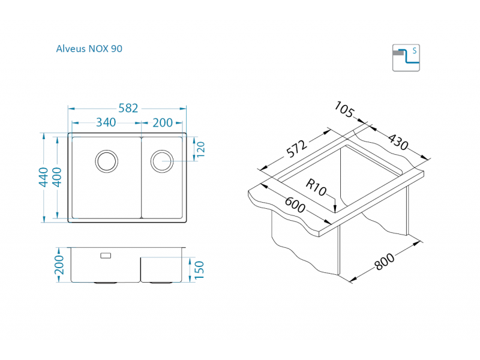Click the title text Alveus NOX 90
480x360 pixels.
coord(89,49)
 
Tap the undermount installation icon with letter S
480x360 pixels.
coord(406,58)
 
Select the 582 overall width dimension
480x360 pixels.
coord(128,108)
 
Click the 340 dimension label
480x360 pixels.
coord(106,122)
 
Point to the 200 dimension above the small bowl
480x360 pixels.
coord(162,122)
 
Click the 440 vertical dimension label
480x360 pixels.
coord(43,178)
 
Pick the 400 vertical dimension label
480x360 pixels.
coord(57,178)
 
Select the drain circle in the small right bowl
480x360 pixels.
coord(161,160)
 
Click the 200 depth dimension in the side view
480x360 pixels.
coord(59,264)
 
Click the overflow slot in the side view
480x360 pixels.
coord(106,256)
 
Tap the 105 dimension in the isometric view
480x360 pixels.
coord(344,110)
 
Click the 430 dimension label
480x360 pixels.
coord(397,142)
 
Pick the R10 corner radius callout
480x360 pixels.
coord(316,187)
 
